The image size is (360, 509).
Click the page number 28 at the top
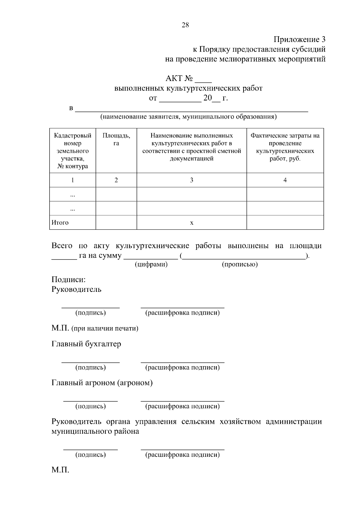click(185, 25)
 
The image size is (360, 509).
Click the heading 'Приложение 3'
click(299, 40)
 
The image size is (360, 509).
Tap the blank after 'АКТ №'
click(203, 80)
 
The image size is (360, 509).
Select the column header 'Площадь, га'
click(116, 139)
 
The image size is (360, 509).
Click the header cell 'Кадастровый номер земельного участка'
click(73, 151)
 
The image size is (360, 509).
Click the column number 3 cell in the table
click(191, 180)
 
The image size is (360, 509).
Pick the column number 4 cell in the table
click(285, 180)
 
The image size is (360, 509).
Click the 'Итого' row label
click(60, 223)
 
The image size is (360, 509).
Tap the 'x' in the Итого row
click(192, 223)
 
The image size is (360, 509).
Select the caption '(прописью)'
click(240, 264)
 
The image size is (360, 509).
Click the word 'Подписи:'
click(69, 280)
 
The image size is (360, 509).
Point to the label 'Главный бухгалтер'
click(86, 344)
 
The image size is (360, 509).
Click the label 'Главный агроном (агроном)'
click(102, 383)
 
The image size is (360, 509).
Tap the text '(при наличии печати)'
click(105, 328)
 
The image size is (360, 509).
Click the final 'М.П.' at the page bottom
click(60, 470)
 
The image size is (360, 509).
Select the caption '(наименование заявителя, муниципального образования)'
click(188, 117)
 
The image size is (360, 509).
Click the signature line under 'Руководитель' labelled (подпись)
click(91, 307)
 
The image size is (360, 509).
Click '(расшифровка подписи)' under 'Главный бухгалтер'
click(182, 367)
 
